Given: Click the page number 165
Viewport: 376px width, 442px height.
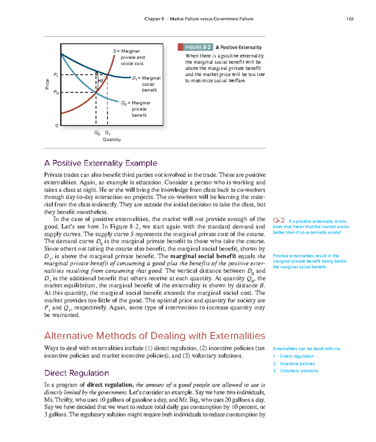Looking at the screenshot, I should coord(350,19).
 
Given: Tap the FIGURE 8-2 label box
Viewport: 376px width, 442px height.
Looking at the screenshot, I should coord(198,47).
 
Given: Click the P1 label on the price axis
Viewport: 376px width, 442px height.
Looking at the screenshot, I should coord(55,75).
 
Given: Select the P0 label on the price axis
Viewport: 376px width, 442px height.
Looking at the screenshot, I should coord(56,92).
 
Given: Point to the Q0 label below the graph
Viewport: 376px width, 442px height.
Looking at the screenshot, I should coord(97,133).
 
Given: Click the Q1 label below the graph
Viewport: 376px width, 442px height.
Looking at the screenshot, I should coord(107,133).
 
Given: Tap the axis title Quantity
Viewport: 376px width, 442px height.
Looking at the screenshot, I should coord(112,140).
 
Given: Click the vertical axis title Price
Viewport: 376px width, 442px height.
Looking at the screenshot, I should coord(47,84).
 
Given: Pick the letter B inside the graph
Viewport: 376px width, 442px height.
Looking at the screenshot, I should coord(102,81).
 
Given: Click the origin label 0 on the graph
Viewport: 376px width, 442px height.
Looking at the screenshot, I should coord(57,126).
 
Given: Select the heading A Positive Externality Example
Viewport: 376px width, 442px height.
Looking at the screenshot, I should coord(101,163).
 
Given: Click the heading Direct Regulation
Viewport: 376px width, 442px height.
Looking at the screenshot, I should coord(76,373).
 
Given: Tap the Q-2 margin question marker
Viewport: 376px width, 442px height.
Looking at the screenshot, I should coord(279,221).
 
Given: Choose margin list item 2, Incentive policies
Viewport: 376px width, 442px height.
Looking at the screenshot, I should coord(298,363).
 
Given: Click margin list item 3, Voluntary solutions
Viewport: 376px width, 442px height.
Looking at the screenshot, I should coord(299,371).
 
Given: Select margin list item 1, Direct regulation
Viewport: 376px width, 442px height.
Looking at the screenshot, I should coord(297,356).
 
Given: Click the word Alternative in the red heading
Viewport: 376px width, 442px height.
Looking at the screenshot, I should coord(69,336).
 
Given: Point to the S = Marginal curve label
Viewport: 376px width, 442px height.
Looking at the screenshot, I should coord(126,51).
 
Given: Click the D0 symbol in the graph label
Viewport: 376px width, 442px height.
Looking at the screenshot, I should coord(124,103).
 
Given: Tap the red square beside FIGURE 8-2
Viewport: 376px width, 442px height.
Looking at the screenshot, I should coord(180,47).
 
